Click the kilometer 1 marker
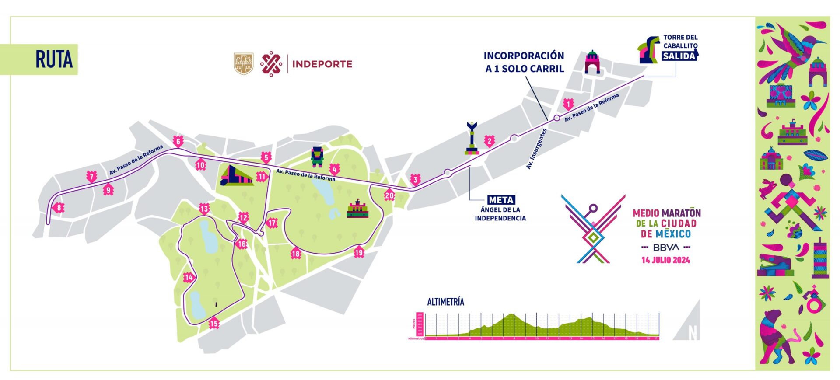pyautogui.click(x=568, y=104)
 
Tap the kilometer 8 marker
pyautogui.click(x=59, y=208)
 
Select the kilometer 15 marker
pyautogui.click(x=213, y=324)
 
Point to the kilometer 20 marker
pyautogui.click(x=389, y=195)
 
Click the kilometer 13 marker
pyautogui.click(x=204, y=209)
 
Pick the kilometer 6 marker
pyautogui.click(x=178, y=141)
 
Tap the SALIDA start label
pyautogui.click(x=679, y=56)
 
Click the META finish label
pyautogui.click(x=501, y=200)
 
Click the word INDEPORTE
pyautogui.click(x=322, y=64)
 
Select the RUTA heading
pyautogui.click(x=54, y=59)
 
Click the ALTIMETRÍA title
pyautogui.click(x=445, y=302)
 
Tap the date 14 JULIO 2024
pyautogui.click(x=665, y=260)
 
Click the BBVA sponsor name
pyautogui.click(x=666, y=247)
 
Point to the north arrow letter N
pyautogui.click(x=693, y=333)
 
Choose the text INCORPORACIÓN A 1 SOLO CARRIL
pyautogui.click(x=524, y=62)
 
